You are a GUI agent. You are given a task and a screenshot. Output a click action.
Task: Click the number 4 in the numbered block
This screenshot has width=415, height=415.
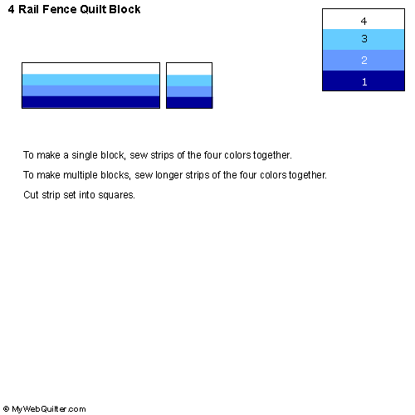(364, 22)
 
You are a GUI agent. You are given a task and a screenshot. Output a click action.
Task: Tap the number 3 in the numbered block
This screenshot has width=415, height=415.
(364, 38)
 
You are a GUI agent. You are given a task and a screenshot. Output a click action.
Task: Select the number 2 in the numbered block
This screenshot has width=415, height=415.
(364, 60)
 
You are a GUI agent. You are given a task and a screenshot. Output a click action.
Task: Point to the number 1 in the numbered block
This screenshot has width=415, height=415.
(364, 81)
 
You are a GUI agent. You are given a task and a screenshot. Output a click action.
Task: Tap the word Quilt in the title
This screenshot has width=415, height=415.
(93, 9)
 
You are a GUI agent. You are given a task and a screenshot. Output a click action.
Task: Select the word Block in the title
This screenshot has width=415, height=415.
(124, 9)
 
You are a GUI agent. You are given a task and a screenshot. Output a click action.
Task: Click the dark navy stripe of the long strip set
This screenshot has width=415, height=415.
(90, 101)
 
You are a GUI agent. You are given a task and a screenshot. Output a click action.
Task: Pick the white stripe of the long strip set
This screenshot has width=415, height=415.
(90, 69)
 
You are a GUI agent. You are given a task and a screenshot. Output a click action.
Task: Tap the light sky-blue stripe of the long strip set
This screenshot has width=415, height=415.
(90, 80)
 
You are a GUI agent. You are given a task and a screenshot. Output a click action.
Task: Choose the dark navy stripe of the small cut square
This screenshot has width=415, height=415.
(189, 102)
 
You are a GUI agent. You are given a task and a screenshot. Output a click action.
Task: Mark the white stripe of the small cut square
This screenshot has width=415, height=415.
(189, 69)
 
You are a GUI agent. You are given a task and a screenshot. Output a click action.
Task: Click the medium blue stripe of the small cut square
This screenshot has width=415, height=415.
(189, 91)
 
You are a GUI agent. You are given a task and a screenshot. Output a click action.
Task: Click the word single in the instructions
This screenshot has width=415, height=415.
(85, 155)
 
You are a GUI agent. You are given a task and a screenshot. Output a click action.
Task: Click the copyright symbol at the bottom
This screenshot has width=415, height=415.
(6, 408)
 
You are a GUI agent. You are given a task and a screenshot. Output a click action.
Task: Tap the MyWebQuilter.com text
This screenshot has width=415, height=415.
(49, 409)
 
